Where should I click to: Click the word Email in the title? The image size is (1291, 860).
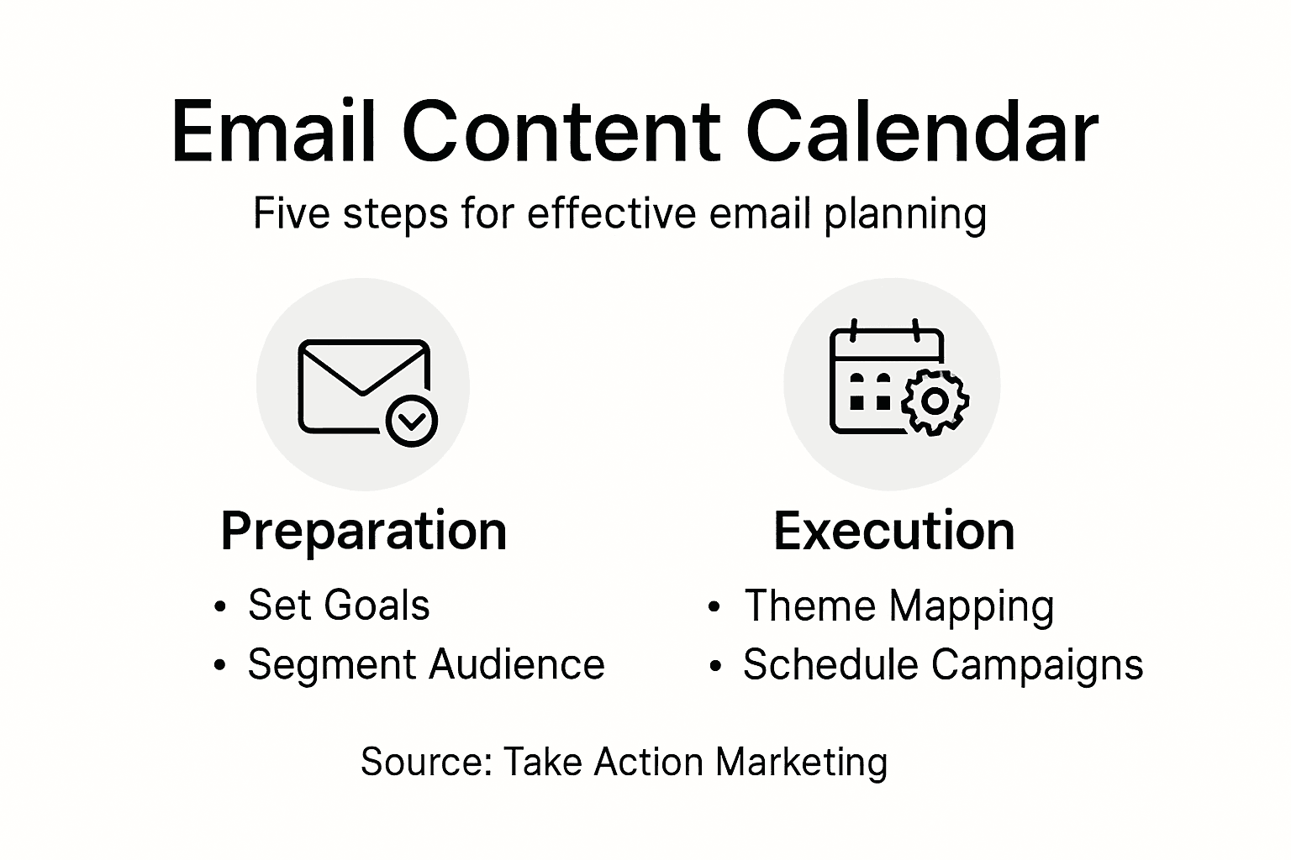tap(273, 133)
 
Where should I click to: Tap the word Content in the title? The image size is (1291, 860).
tap(561, 133)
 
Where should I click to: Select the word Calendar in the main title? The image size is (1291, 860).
tap(922, 133)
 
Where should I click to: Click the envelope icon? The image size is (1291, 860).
tap(363, 386)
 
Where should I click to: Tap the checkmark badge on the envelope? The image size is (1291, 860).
tap(411, 420)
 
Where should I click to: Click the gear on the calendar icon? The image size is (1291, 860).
tap(934, 401)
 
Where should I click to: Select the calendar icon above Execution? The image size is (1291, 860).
tap(887, 380)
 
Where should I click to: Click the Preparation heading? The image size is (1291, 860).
tap(363, 532)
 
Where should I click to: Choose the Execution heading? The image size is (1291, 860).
tap(893, 532)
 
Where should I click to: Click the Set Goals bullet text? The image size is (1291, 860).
tap(338, 606)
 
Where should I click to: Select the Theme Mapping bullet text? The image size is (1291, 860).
tap(898, 606)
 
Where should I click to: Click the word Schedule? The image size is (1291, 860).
tap(830, 664)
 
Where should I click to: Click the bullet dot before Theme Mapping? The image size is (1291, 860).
tap(714, 607)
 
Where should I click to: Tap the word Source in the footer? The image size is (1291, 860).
tap(424, 763)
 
